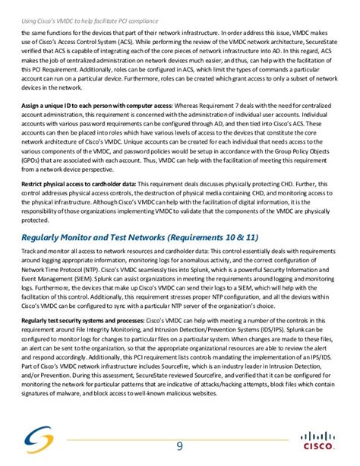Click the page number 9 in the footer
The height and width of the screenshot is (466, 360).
point(180,445)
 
